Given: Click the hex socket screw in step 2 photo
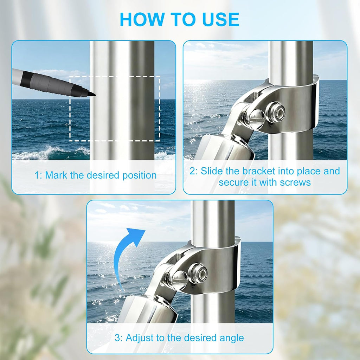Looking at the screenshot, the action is [276, 112].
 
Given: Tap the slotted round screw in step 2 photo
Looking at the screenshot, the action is [257, 119].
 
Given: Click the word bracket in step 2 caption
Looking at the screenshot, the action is [259, 171].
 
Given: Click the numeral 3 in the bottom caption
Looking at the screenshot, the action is [117, 338].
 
